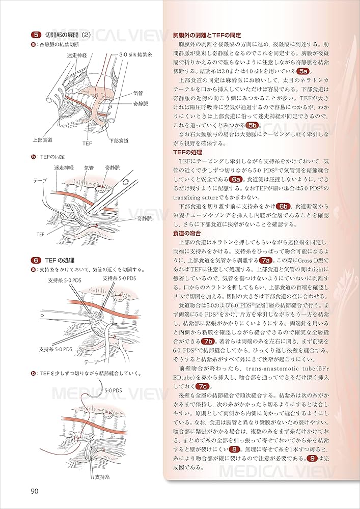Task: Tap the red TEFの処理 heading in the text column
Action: tap(187, 152)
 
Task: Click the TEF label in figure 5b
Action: tap(41, 234)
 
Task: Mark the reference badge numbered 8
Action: tap(234, 449)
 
